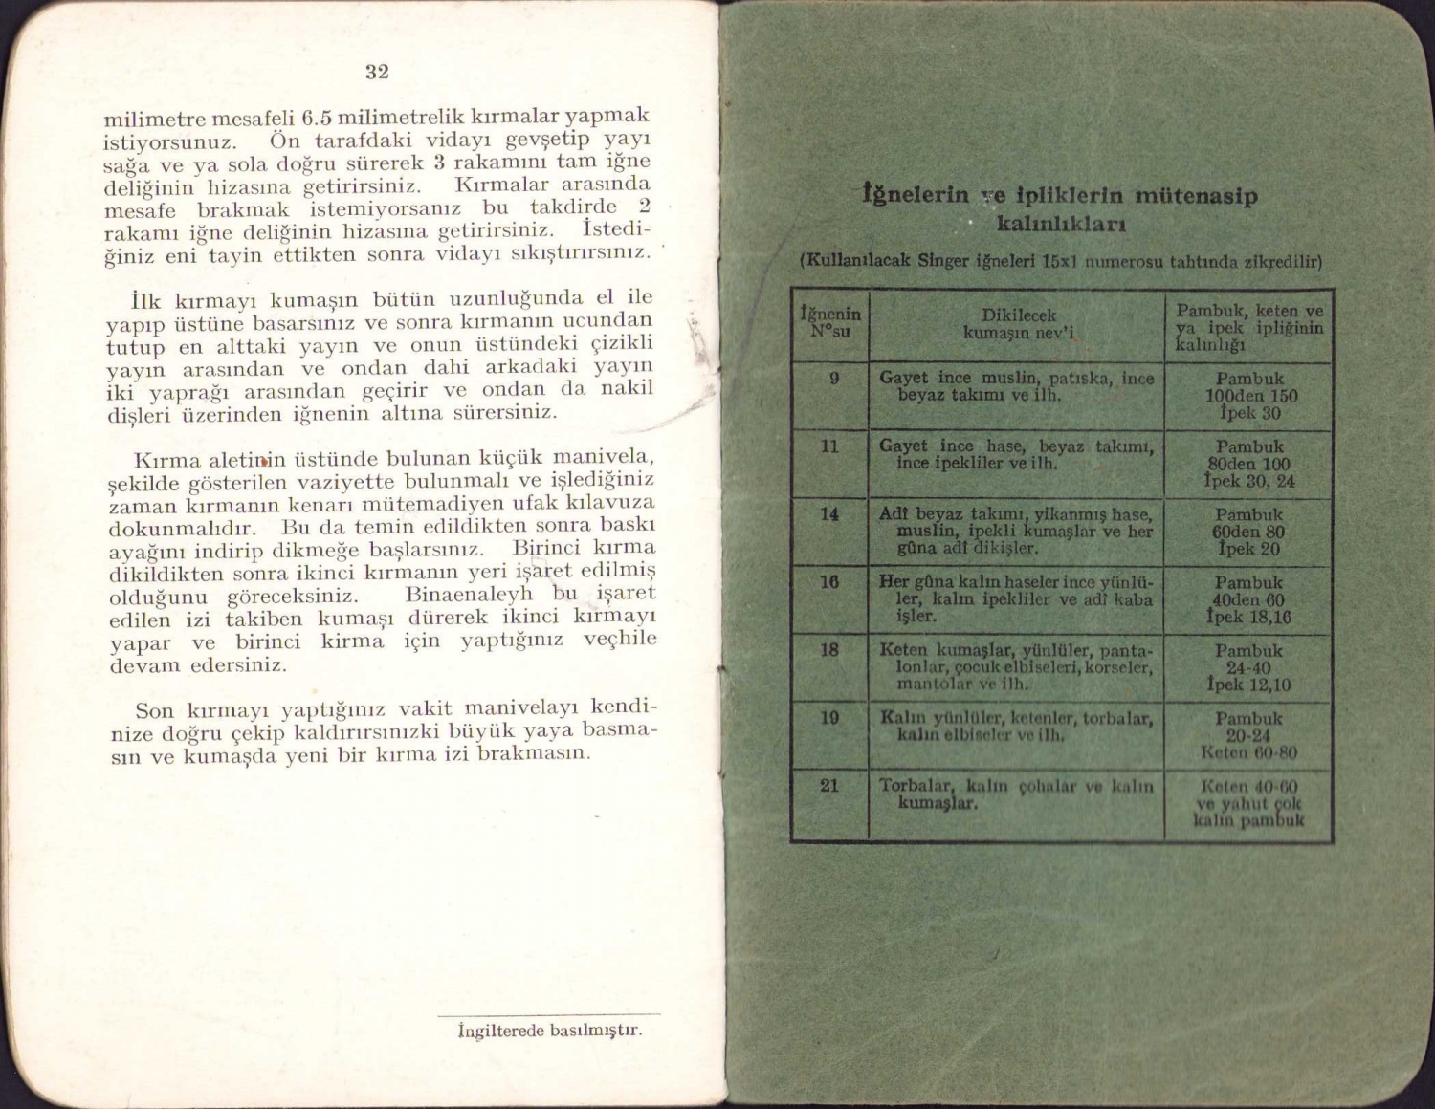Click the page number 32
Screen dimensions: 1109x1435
pos(377,72)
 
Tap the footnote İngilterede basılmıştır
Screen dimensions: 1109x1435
pos(550,1031)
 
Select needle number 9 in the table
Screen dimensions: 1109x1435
pos(833,378)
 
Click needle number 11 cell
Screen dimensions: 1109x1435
pos(829,446)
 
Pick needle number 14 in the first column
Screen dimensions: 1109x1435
pos(829,514)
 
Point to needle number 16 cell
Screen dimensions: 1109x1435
pos(829,581)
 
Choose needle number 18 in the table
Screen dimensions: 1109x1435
pos(829,650)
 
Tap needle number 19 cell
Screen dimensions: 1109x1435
pos(829,717)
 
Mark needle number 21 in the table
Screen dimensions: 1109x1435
pos(829,786)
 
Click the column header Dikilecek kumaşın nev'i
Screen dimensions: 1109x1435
pos(1018,324)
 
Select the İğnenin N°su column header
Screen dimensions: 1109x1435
pos(829,323)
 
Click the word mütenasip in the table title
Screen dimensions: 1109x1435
pos(1196,196)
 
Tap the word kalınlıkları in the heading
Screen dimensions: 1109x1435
pos(1061,225)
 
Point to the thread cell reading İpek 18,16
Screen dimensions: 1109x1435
pos(1249,618)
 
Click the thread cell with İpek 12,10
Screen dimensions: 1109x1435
pos(1249,685)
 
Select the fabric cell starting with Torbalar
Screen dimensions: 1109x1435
pos(1016,794)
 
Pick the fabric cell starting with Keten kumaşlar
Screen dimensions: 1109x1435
pos(1016,666)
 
